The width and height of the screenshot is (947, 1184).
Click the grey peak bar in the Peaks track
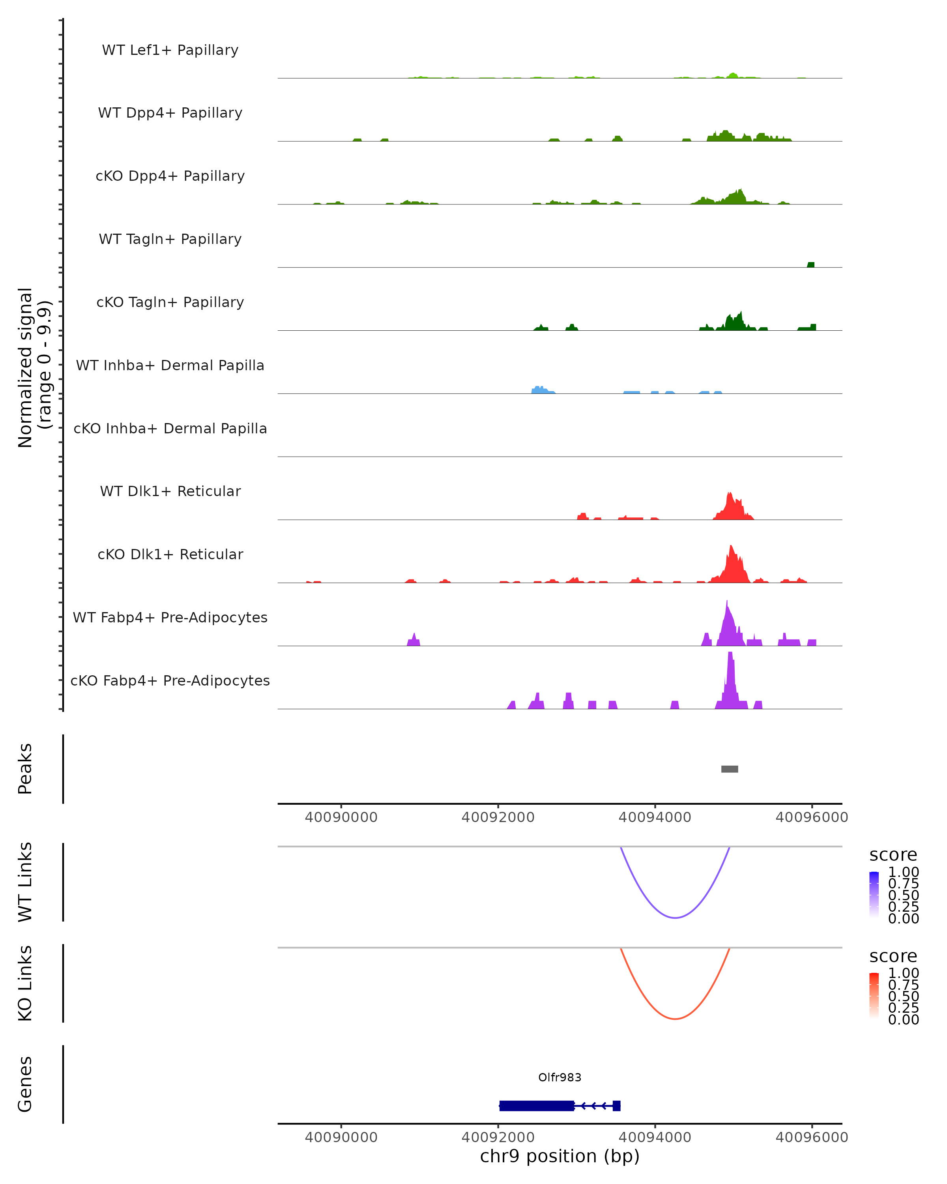pos(729,769)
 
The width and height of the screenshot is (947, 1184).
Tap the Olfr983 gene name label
pos(560,1077)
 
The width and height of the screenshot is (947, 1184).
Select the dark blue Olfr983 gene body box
pos(536,1105)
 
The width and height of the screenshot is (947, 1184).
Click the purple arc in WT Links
pos(675,917)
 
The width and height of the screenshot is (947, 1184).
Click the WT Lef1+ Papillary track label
pos(170,50)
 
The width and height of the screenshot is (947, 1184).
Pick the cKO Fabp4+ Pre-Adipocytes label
pos(170,680)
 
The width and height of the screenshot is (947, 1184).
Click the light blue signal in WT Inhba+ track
pos(541,390)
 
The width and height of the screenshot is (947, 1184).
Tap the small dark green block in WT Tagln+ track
pos(810,265)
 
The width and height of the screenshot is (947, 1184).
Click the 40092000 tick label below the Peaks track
pos(498,817)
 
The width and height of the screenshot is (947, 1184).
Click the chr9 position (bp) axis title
pos(560,1156)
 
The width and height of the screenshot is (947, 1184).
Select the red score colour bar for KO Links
pos(874,996)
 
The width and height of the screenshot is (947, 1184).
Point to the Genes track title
pos(25,1084)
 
